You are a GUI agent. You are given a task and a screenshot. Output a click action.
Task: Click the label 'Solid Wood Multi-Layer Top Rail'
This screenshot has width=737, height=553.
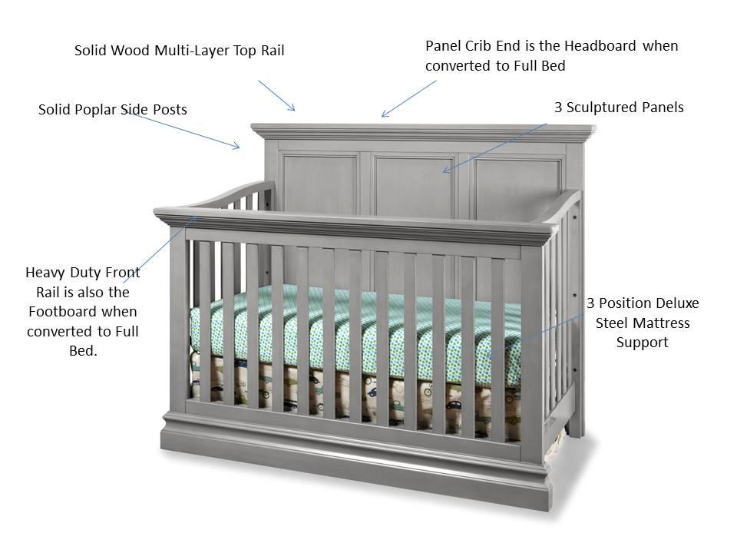coord(179,51)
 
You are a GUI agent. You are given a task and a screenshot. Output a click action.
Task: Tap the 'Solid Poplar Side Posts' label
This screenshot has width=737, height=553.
coord(112,110)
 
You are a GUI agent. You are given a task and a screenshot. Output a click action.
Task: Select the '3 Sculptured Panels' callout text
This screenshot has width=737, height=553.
coord(619,108)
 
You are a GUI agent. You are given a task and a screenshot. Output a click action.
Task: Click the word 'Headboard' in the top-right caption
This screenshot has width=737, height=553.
coord(600,46)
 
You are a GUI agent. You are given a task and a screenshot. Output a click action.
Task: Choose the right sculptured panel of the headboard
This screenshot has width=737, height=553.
coord(513,184)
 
